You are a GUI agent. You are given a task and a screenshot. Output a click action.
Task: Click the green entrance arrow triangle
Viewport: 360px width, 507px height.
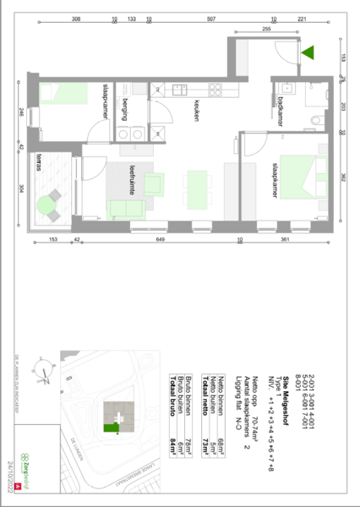click(308, 52)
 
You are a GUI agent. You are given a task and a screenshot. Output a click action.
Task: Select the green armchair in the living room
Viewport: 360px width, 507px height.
click(155, 183)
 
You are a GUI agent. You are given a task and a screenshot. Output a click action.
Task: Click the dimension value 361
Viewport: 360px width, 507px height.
click(285, 242)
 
